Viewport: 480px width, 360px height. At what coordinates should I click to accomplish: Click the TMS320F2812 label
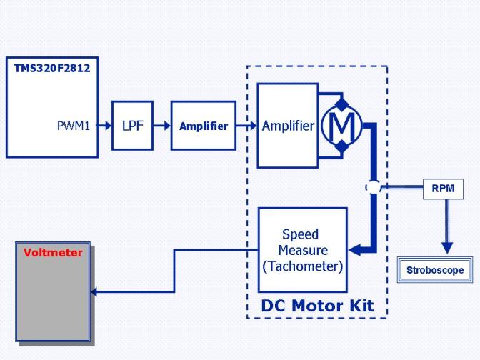click(52, 69)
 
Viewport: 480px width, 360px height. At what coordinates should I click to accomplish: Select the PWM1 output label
click(74, 126)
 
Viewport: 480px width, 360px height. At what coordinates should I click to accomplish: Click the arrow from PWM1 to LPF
click(104, 125)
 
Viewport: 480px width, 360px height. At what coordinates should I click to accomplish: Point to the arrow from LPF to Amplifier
click(162, 125)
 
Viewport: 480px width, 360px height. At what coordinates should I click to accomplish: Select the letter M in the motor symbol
click(341, 126)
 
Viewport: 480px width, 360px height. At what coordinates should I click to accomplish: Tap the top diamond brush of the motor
click(342, 104)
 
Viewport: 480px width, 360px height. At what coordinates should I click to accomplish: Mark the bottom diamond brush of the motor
click(342, 146)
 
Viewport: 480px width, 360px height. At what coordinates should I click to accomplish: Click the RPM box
click(443, 189)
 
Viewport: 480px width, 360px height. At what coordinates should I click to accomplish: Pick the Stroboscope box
click(435, 270)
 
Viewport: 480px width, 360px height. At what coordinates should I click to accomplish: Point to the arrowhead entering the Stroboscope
click(447, 248)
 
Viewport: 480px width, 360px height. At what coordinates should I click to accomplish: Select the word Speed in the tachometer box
click(300, 234)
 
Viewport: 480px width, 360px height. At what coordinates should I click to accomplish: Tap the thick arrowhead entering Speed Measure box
click(354, 250)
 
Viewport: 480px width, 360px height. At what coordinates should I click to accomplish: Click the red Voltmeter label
click(53, 253)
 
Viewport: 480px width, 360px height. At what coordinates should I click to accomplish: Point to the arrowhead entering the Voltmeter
click(94, 291)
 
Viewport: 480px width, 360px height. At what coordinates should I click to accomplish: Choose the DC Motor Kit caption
click(317, 306)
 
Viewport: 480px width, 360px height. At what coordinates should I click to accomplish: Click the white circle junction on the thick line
click(374, 187)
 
